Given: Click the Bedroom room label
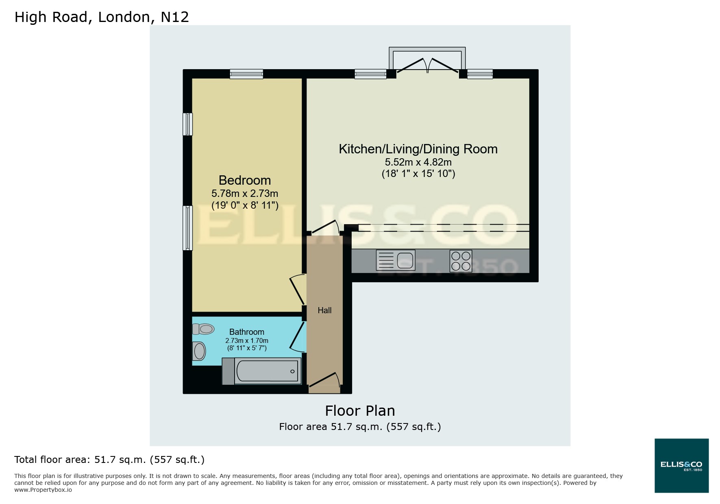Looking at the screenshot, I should click(244, 180).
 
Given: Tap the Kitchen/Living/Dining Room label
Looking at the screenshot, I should click(418, 149).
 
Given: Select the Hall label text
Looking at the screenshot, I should click(324, 310).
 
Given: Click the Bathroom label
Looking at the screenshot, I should click(246, 332).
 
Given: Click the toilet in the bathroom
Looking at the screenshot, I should click(204, 329).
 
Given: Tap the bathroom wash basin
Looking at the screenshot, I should click(199, 351).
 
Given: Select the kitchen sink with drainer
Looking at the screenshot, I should click(396, 260).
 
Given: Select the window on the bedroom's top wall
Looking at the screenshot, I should click(246, 74).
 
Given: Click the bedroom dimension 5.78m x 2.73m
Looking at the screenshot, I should click(244, 193).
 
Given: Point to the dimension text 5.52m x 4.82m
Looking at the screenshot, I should click(418, 162).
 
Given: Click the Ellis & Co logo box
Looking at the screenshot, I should click(681, 465).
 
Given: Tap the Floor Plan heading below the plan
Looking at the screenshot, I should click(360, 411).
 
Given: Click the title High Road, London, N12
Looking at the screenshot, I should click(102, 17).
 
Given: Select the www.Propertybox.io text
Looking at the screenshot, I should click(43, 490).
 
